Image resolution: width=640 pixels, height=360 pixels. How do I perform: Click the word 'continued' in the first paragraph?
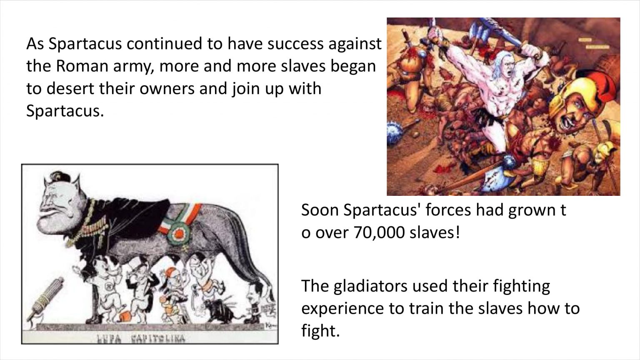(165, 44)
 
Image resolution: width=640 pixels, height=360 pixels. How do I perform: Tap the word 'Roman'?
(82, 66)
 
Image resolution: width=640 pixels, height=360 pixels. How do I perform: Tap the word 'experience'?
(342, 309)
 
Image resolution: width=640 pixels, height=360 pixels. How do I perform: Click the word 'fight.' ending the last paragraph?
(320, 330)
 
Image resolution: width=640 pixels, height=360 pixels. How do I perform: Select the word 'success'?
(295, 44)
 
